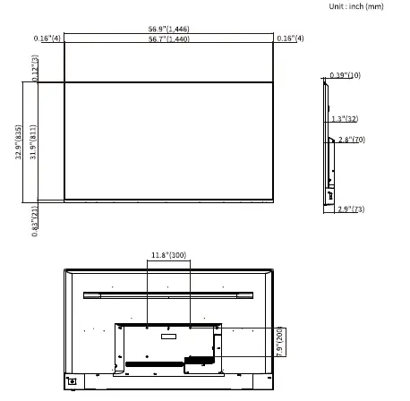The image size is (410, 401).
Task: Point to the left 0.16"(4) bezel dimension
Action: coord(47,38)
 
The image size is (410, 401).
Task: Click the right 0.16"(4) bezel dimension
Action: coord(290,38)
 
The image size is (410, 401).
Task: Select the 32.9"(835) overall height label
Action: coord(18,141)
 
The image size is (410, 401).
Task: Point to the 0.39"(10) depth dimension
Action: coord(344,75)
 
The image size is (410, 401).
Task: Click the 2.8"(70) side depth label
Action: coord(352,140)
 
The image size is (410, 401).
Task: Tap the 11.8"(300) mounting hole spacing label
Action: coord(168,255)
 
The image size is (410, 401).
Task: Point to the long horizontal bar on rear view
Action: coord(168,294)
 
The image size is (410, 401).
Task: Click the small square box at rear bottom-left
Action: coord(73,380)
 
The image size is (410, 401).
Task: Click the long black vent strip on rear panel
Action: coord(154,364)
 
